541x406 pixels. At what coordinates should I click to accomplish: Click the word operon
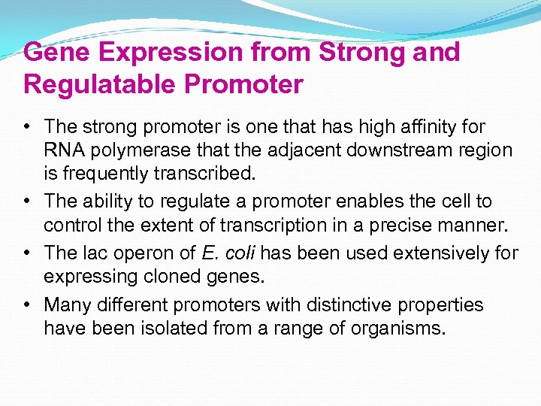click(133, 253)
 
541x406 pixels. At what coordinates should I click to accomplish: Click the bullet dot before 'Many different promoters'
click(28, 304)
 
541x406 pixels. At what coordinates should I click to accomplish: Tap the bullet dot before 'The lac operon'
click(28, 253)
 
